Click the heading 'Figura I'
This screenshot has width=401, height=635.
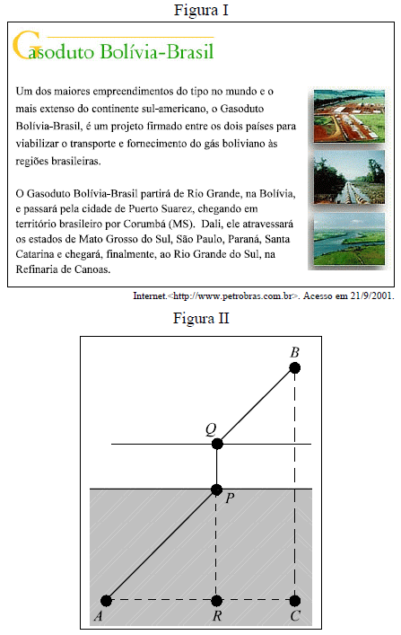[x=201, y=10]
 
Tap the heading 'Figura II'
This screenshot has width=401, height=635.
[x=201, y=318]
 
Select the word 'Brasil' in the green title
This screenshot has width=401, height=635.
[x=190, y=51]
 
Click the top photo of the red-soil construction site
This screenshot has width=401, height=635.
[x=349, y=116]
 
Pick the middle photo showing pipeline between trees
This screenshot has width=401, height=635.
[x=349, y=177]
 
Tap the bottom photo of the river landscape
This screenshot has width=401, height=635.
[x=349, y=239]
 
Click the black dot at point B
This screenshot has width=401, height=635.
[x=294, y=368]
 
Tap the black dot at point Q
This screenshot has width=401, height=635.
[x=217, y=444]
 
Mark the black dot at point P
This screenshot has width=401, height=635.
[x=217, y=489]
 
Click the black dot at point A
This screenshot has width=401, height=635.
[x=106, y=600]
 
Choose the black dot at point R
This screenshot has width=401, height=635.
[x=217, y=600]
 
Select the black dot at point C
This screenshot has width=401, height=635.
[x=295, y=600]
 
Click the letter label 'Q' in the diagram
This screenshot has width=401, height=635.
[x=211, y=429]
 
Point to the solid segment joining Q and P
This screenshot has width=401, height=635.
[x=217, y=466]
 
